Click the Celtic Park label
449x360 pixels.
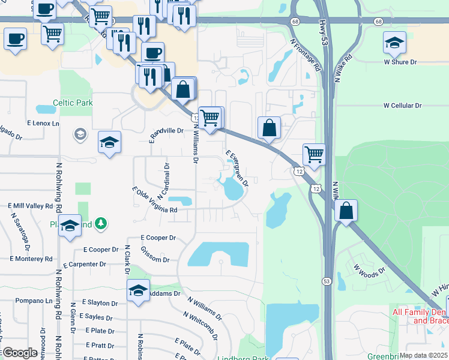(73, 103)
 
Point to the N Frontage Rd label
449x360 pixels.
(305, 56)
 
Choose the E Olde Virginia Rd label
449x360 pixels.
(154, 200)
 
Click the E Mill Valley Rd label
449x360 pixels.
(31, 206)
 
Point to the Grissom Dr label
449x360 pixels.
(155, 254)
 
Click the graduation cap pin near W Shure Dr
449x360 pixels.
(394, 43)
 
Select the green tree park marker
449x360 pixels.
(102, 224)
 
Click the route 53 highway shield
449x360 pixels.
(327, 280)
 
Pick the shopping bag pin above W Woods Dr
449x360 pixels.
(346, 211)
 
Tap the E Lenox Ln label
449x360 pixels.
(44, 124)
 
